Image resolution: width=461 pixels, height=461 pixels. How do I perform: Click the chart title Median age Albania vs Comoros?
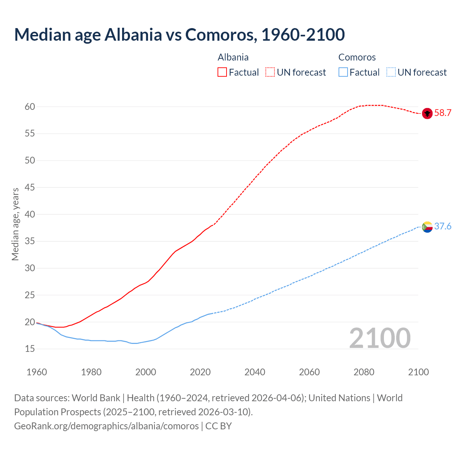point(179,35)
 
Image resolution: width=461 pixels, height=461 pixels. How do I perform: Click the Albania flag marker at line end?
point(427,113)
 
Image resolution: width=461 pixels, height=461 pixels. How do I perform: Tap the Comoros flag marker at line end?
point(427,227)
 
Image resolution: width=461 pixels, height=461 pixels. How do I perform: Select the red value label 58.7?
point(443,113)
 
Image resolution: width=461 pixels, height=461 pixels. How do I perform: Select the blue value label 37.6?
point(443,227)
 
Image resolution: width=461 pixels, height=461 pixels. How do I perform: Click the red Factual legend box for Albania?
point(222,72)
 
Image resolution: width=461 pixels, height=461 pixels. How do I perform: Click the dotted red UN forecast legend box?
point(270,72)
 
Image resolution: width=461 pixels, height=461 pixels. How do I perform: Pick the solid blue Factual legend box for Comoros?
point(343,72)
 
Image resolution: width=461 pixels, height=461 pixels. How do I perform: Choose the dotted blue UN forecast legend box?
point(391,72)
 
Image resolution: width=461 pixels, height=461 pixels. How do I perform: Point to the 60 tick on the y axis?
point(30,107)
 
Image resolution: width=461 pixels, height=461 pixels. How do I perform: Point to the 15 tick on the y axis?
point(30,349)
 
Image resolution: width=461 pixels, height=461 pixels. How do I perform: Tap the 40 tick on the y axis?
point(30,214)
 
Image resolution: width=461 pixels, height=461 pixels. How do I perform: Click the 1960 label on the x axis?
point(37,372)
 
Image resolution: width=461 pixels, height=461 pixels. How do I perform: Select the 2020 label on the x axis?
point(200,372)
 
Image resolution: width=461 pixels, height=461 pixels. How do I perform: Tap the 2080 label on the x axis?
point(364,372)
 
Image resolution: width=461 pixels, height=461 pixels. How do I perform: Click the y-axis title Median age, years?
point(15,224)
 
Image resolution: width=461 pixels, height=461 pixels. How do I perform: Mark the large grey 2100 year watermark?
point(380,338)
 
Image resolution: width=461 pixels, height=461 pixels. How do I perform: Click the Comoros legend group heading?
point(357,57)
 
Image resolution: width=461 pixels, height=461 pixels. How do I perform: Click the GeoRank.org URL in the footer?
point(106,426)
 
